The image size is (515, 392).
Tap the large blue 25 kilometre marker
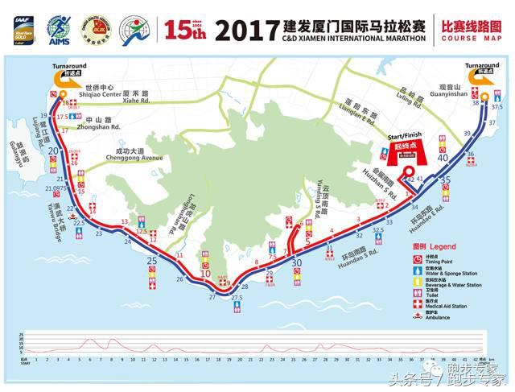click(151, 262)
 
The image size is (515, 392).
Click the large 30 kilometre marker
click(297, 262)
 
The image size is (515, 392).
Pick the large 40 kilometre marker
click(443, 159)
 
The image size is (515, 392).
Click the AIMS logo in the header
click(58, 30)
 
